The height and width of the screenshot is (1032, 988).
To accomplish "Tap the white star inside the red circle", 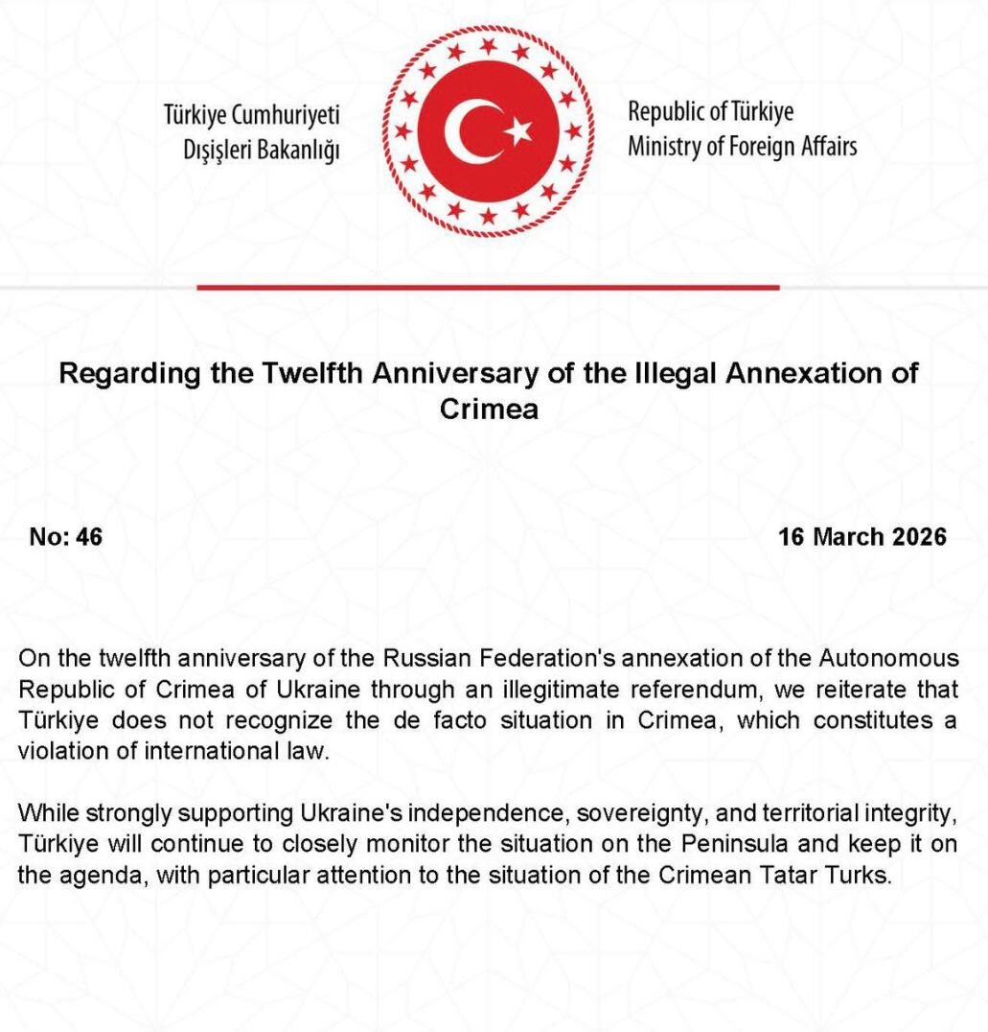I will click(x=518, y=130).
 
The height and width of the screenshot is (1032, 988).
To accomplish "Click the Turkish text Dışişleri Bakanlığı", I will click(x=262, y=150).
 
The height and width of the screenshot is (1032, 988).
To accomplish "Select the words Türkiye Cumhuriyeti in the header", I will click(x=253, y=116).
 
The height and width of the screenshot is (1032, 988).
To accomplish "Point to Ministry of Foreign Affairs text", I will click(x=742, y=147).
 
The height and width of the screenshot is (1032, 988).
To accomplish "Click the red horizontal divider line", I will click(x=488, y=287).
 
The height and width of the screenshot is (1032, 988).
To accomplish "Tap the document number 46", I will click(x=89, y=536).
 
